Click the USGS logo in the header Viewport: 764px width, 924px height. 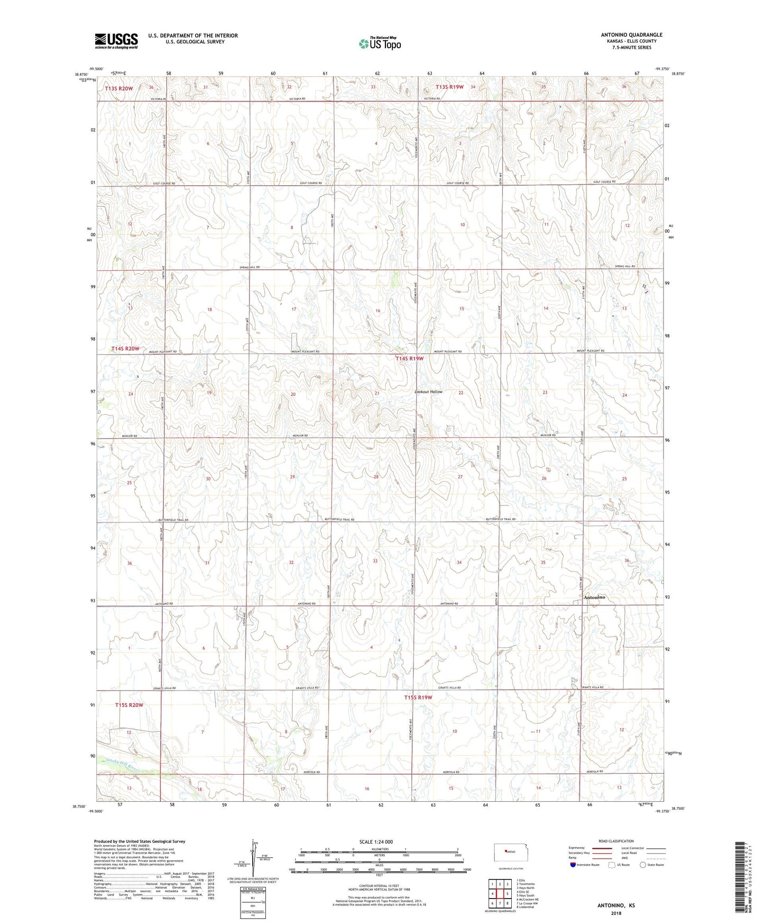pos(116,41)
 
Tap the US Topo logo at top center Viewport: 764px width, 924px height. pos(379,43)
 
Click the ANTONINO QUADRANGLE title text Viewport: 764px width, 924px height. pos(631,35)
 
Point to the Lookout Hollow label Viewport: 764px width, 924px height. pos(428,392)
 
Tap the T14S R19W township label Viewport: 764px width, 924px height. pos(410,359)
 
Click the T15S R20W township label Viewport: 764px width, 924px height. pos(130,705)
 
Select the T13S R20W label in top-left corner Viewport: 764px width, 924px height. pos(118,88)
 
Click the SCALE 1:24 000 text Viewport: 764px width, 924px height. pos(376,841)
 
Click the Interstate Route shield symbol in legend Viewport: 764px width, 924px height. pos(573,865)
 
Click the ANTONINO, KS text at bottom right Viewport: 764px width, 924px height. pos(616,905)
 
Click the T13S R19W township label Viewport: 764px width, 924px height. pos(449,87)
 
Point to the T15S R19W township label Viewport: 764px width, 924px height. pos(418,697)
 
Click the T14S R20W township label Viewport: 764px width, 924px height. pos(125,348)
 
